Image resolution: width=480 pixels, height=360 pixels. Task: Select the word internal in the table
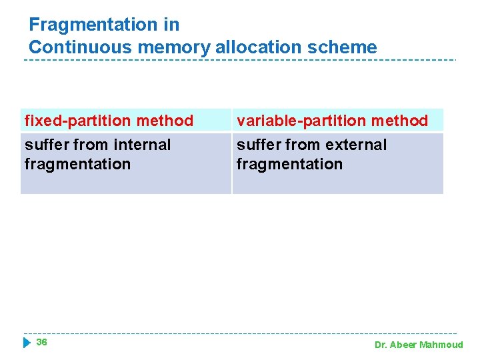141,145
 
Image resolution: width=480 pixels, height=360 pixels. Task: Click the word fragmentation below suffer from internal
77,164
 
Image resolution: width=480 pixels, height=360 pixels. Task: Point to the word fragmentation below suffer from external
289,164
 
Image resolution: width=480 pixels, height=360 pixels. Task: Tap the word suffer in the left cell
46,145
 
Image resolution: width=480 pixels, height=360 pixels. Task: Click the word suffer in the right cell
258,145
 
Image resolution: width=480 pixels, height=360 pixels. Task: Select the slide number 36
41,342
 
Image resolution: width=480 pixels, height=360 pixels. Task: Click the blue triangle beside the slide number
27,343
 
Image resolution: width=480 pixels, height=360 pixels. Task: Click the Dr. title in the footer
381,345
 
